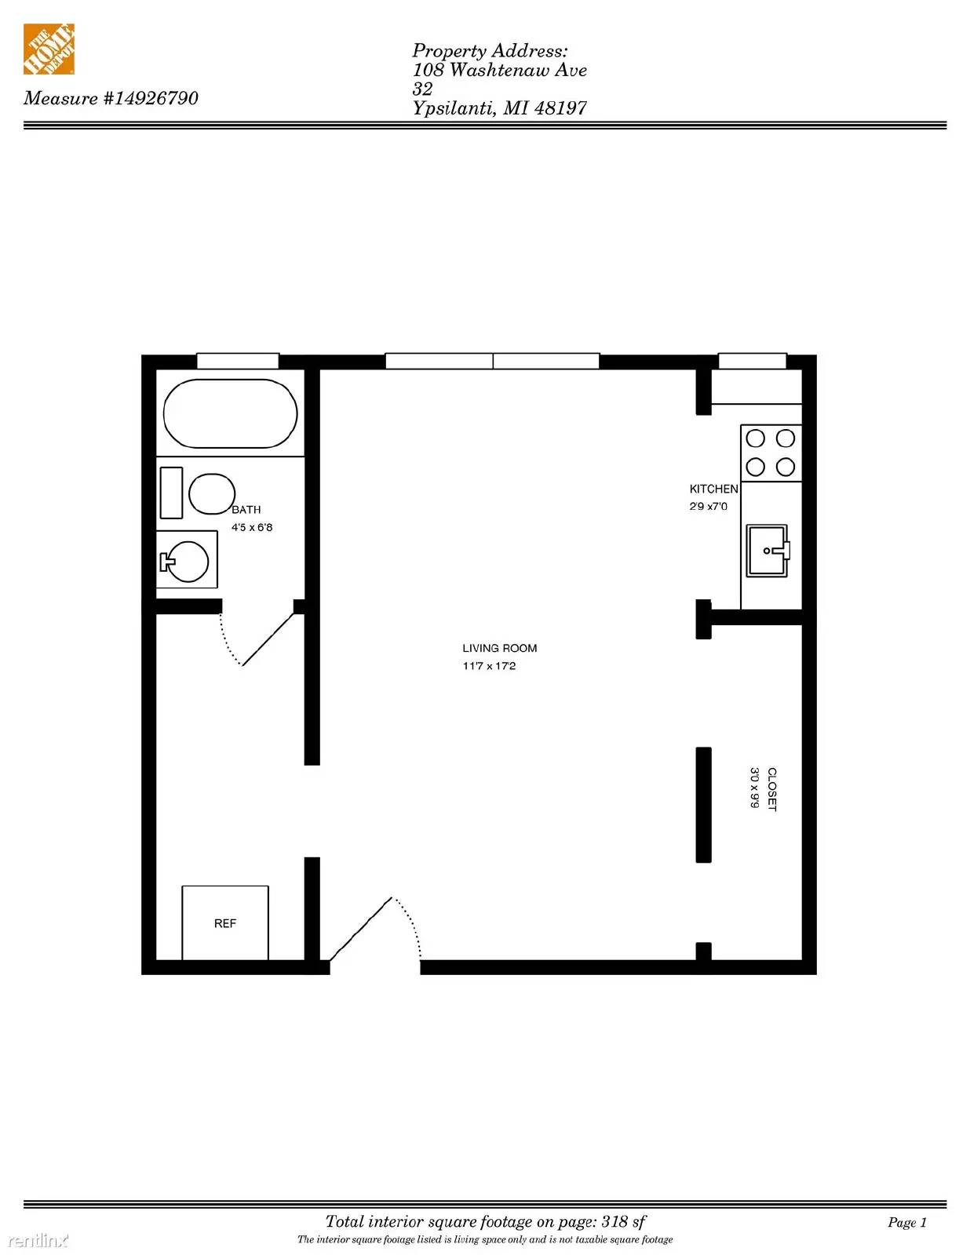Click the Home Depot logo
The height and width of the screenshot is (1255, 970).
49,49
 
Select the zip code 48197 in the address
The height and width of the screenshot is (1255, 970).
560,108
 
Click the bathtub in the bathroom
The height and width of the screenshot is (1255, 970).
230,413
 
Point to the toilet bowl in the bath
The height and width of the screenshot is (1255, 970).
211,494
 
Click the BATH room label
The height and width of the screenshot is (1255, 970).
246,509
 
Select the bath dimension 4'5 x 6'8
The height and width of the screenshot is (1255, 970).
252,527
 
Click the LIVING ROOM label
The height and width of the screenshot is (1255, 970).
500,648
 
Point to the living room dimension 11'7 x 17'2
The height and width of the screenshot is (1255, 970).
489,666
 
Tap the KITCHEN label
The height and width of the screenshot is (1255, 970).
713,489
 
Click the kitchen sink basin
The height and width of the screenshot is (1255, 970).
767,551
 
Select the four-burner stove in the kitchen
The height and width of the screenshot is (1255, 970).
771,453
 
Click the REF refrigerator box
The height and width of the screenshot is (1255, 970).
224,923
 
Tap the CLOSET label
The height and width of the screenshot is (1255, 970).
771,790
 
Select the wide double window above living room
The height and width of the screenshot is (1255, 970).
492,361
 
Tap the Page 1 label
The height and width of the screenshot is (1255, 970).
907,1222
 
